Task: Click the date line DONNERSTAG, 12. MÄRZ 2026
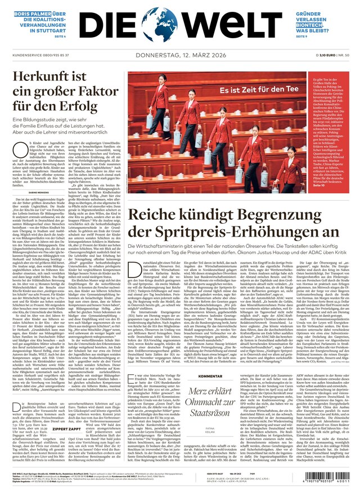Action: click(x=179, y=55)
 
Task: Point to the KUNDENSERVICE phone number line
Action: click(x=36, y=55)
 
